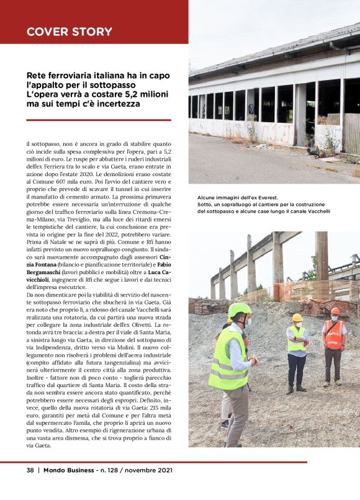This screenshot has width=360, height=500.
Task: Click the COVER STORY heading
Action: pyautogui.click(x=70, y=32)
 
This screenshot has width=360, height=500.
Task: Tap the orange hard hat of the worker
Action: pyautogui.click(x=335, y=311)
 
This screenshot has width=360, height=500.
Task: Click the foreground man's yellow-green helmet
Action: pyautogui.click(x=239, y=310)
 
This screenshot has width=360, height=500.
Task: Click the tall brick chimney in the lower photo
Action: pyautogui.click(x=322, y=254)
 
